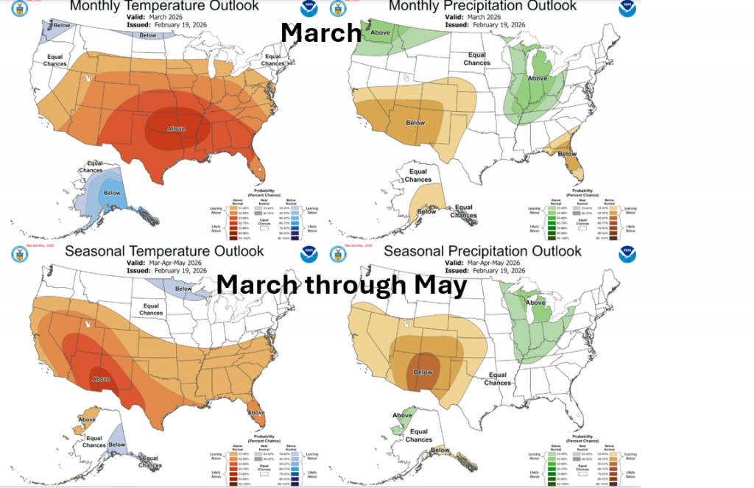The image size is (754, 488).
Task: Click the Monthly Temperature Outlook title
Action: tap(163, 6)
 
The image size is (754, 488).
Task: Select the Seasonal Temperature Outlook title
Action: tap(163, 251)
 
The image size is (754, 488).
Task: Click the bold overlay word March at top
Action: tap(321, 32)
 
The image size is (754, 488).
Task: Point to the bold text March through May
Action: tap(342, 285)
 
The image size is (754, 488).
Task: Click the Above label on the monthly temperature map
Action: tap(177, 129)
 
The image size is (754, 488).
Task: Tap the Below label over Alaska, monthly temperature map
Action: tap(112, 193)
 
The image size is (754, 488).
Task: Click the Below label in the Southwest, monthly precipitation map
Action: tap(416, 123)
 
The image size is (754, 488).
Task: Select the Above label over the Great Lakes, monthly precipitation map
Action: tap(538, 78)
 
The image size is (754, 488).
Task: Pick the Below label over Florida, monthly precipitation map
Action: tap(567, 154)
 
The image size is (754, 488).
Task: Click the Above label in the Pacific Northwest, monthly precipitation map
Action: tap(380, 32)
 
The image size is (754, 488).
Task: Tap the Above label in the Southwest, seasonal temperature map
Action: tap(101, 379)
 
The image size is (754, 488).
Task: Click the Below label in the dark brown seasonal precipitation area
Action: tap(423, 372)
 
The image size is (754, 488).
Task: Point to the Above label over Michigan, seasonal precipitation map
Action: tap(535, 303)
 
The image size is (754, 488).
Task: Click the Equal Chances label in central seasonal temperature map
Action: tap(151, 309)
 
